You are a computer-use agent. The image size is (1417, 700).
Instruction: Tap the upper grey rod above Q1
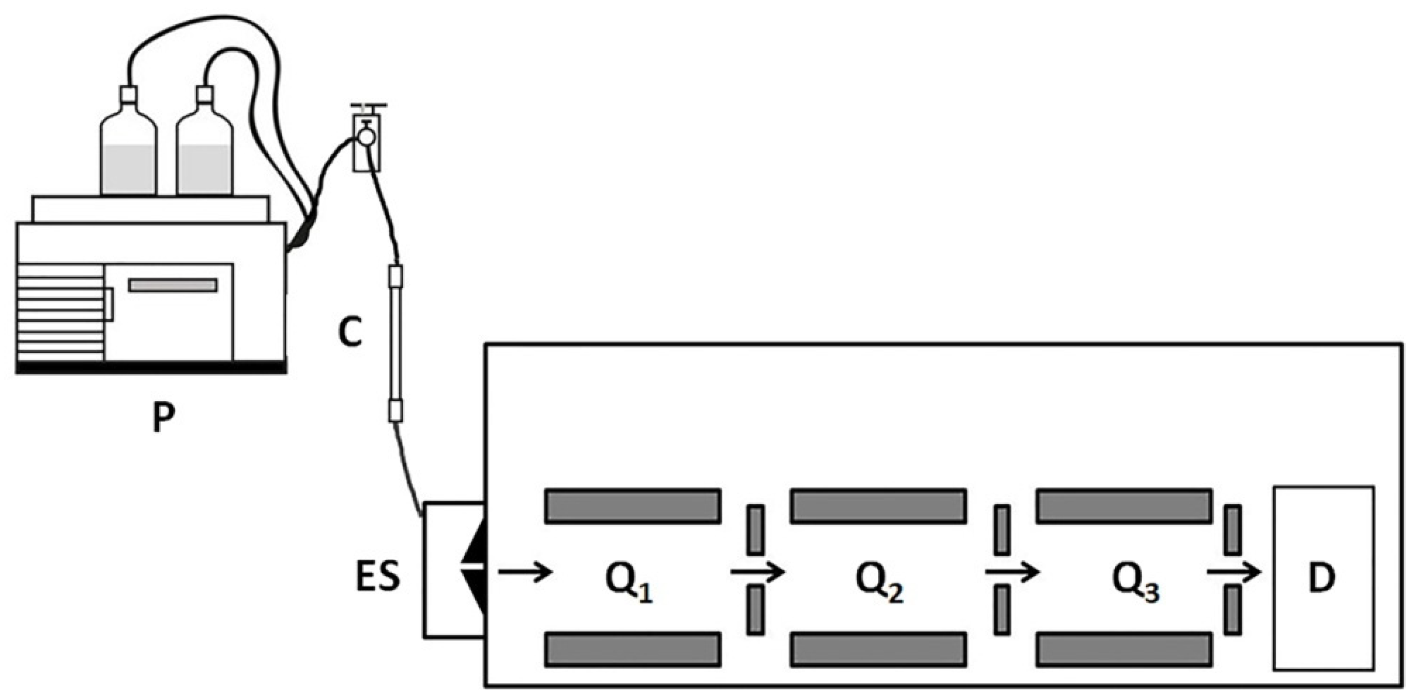click(633, 505)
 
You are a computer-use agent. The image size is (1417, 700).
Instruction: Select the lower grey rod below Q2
click(878, 649)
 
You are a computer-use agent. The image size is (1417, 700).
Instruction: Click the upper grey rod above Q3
click(1124, 505)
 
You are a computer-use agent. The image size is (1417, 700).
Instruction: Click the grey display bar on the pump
click(173, 285)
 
